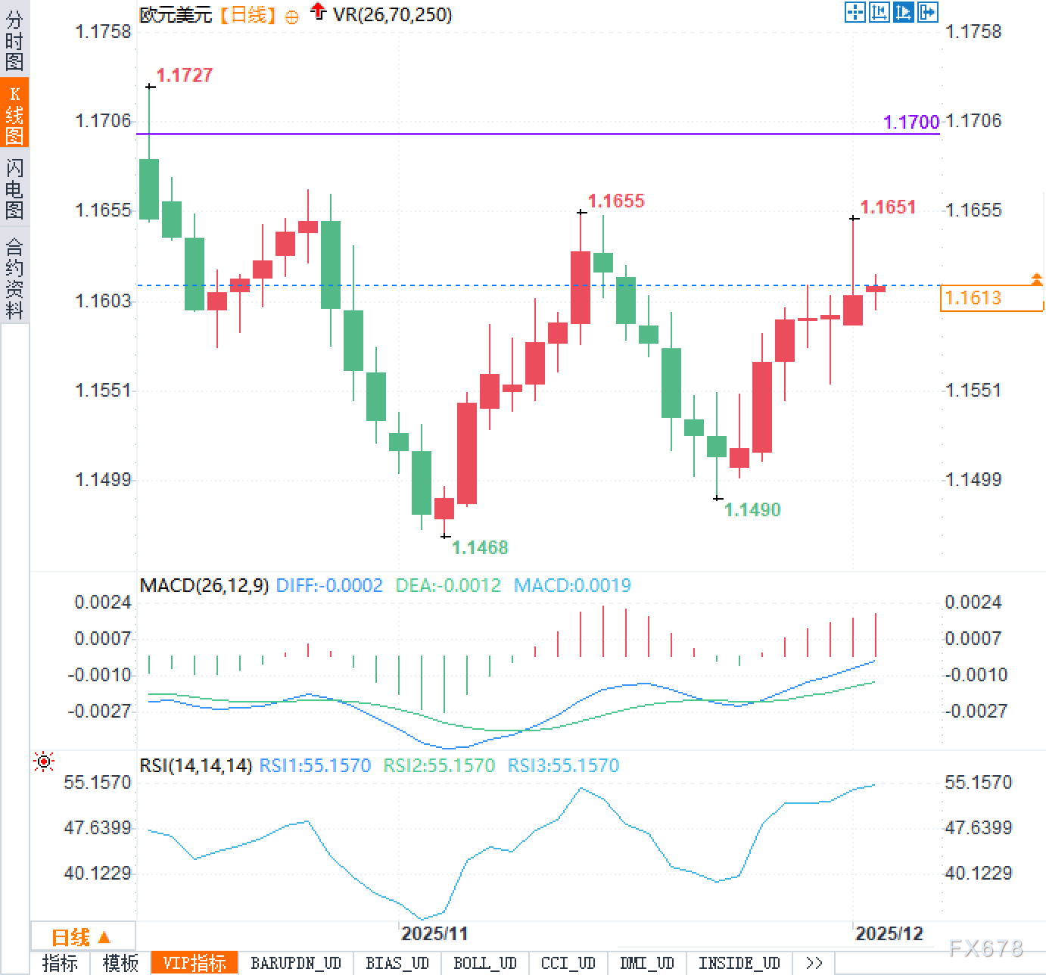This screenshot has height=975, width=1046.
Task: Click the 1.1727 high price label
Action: coord(184,75)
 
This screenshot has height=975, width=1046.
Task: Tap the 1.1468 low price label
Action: coord(479,547)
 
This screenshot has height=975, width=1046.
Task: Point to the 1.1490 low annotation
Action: coord(752,509)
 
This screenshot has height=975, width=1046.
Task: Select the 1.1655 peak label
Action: coord(615,201)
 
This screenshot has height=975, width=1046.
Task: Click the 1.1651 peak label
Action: coord(888,207)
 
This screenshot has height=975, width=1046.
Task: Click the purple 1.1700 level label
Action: coord(911,122)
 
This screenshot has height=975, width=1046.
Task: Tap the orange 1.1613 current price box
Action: coord(991,298)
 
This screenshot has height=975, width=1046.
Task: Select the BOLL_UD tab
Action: coord(484,963)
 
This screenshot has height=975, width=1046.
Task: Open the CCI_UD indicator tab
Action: coord(568,963)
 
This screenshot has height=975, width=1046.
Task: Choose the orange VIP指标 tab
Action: coord(195,963)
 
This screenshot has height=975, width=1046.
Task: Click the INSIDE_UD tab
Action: coord(738,963)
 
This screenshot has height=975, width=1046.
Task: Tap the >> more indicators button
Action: coord(814,963)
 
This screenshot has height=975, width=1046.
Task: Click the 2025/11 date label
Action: coord(434,933)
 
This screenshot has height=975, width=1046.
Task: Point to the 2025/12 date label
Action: coord(889,933)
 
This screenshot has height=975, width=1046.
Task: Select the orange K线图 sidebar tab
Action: coord(14,114)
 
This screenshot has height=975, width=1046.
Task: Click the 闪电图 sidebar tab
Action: coord(14,188)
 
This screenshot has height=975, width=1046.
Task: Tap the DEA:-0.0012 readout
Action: coord(448,585)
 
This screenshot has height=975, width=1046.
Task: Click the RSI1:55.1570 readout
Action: coord(315,765)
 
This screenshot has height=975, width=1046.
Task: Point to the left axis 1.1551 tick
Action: coord(103,390)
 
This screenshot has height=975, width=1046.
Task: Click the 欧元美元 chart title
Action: coord(176,14)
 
